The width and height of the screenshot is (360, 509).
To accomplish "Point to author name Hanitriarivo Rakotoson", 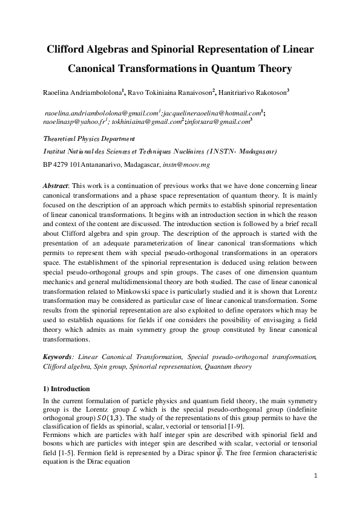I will pyautogui.click(x=252, y=92).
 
